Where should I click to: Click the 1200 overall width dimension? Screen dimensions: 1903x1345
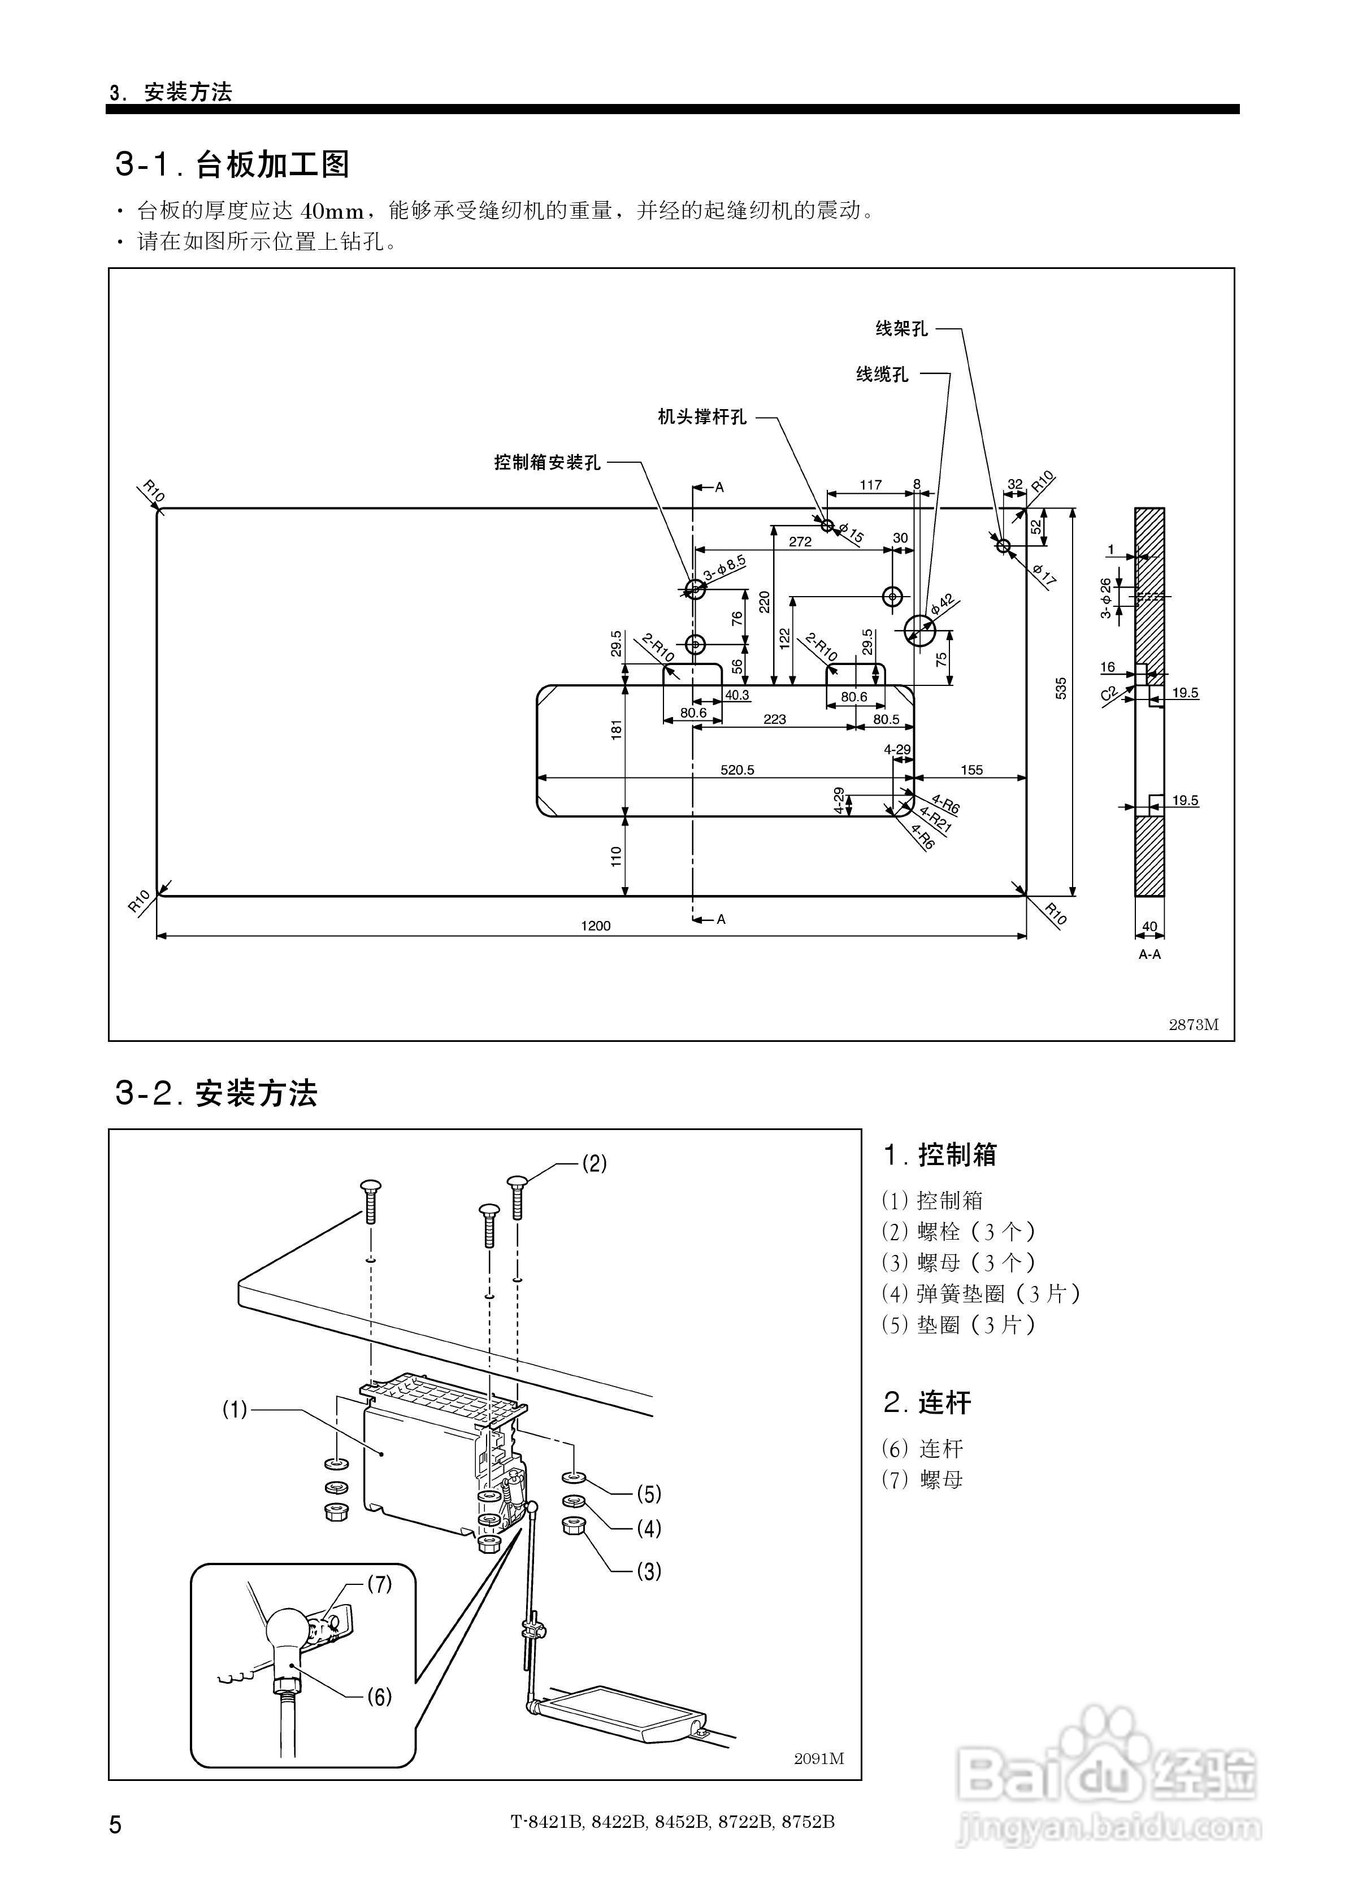click(596, 926)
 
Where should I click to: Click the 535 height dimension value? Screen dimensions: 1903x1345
click(1061, 689)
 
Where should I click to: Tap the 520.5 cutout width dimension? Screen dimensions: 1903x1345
click(737, 770)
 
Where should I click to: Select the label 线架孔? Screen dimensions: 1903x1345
click(901, 329)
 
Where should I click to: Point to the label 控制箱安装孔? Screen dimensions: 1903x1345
click(547, 463)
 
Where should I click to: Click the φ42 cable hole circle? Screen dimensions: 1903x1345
click(919, 631)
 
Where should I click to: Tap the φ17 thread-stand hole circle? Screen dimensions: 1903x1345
click(1003, 545)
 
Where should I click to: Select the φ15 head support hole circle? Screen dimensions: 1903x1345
click(827, 525)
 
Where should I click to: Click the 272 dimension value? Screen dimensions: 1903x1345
click(800, 542)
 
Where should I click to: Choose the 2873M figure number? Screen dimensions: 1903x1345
click(1193, 1024)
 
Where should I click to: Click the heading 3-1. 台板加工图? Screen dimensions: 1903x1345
click(232, 164)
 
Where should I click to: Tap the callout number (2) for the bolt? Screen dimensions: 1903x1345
click(595, 1164)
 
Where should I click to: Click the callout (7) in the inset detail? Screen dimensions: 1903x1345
click(380, 1584)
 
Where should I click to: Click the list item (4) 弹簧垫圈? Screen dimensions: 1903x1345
click(981, 1294)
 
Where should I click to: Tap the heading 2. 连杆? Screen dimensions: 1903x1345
click(927, 1402)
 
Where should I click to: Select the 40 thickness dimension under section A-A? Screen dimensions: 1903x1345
click(1149, 927)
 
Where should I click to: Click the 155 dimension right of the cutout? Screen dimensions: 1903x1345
click(972, 770)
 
